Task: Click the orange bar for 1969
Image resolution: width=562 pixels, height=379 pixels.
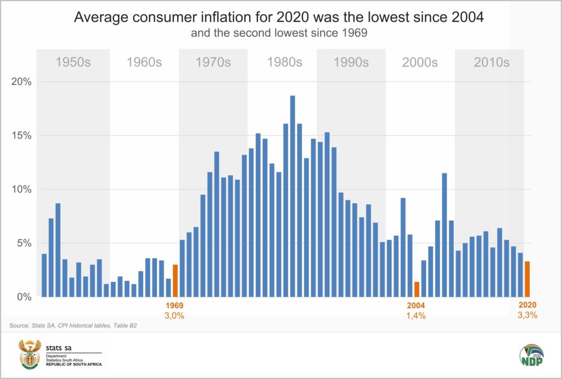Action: [x=175, y=281]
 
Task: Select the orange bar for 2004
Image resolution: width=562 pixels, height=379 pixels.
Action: [x=417, y=289]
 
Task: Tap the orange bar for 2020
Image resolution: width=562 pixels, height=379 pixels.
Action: [x=527, y=279]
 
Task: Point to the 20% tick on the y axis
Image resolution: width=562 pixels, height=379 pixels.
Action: [x=23, y=82]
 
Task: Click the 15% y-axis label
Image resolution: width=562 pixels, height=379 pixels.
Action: [x=23, y=136]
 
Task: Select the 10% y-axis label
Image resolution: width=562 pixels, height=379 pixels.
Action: [x=23, y=189]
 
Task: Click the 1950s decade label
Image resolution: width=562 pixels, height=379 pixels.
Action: [x=73, y=62]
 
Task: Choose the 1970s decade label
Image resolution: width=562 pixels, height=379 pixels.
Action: [x=213, y=62]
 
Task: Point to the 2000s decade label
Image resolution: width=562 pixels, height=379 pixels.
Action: [x=420, y=62]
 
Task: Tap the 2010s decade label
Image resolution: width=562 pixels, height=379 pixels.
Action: [x=491, y=62]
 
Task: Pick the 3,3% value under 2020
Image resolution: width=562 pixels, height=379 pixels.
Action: [x=527, y=315]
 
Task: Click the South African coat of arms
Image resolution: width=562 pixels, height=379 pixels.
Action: [x=30, y=354]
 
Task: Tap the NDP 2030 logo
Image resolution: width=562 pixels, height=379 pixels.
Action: [x=531, y=356]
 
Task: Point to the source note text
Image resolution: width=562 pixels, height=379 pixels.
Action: [x=73, y=326]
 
